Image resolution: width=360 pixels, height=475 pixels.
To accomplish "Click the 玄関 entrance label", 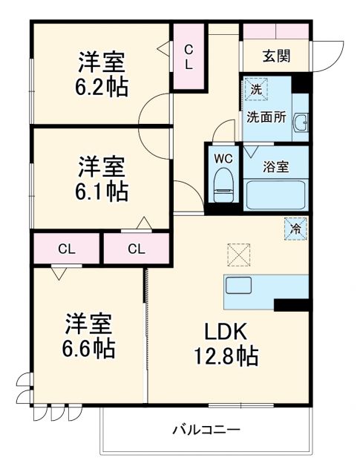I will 276,56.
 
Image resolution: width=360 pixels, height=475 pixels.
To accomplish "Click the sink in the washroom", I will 301,123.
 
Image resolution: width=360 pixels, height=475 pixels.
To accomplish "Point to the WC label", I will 223,158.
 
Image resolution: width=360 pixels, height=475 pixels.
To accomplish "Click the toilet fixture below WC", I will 223,183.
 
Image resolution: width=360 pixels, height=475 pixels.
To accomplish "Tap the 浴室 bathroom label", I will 276,168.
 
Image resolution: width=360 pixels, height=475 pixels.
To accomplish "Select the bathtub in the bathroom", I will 275,194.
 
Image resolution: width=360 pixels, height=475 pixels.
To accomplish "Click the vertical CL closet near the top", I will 189,57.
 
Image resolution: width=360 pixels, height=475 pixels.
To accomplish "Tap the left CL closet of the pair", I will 65,248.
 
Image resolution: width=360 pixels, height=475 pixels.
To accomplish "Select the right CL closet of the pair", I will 136,248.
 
